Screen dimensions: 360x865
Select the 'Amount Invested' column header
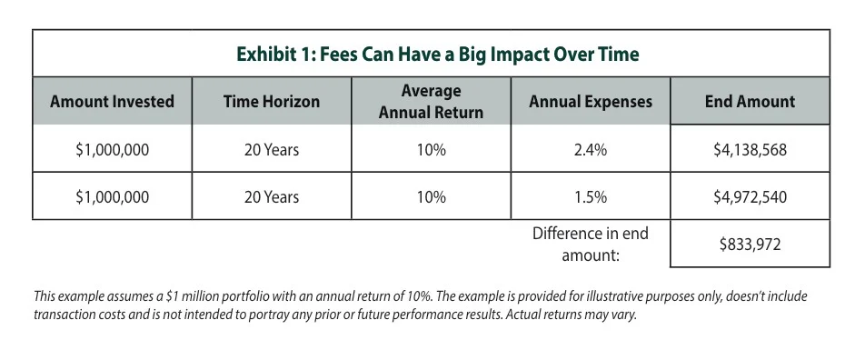(112, 102)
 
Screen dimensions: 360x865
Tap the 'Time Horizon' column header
(272, 102)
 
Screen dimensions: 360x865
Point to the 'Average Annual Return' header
(432, 102)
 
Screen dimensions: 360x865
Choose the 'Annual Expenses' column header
(591, 102)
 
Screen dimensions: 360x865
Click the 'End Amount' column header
(750, 102)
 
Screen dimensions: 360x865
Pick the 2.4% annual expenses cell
(591, 150)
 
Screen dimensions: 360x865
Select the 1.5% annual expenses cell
(591, 196)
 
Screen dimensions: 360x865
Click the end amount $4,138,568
(750, 150)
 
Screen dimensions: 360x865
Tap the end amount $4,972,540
(750, 196)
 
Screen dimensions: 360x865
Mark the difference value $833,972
(750, 245)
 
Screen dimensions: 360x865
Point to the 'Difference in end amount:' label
(591, 245)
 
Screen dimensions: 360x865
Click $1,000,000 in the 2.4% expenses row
(112, 150)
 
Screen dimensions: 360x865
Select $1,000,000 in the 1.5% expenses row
(112, 196)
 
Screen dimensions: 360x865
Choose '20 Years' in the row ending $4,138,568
(272, 150)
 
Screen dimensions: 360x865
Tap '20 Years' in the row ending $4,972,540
(272, 196)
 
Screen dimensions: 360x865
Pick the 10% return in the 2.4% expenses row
(432, 150)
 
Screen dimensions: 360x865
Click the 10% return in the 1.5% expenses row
(432, 196)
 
